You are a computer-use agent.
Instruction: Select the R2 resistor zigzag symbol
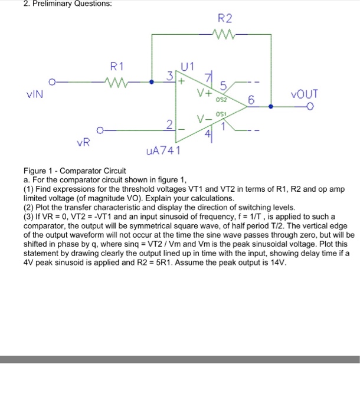(227, 35)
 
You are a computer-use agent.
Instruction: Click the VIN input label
(34, 93)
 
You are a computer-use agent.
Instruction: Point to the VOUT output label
(305, 94)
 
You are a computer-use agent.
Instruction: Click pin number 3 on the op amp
(170, 75)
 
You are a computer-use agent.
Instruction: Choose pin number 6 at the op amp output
(251, 101)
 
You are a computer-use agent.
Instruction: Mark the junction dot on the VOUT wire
(271, 107)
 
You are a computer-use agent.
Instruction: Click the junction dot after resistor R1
(152, 82)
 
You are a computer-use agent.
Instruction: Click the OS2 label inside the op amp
(220, 100)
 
